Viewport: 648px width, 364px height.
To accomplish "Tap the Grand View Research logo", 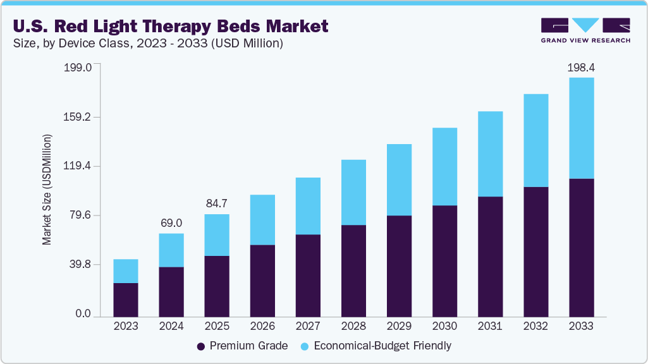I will point(585,30).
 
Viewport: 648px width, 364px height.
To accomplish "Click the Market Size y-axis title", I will point(47,190).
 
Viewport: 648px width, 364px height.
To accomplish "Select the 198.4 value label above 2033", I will point(581,67).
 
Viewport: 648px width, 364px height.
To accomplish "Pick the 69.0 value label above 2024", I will point(171,223).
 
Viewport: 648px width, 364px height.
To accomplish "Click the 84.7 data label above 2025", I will point(217,203).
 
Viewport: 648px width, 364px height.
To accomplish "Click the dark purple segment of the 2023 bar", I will point(126,300).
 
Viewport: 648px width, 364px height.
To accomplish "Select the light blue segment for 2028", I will point(353,192).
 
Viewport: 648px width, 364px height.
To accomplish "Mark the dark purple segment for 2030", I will point(444,260).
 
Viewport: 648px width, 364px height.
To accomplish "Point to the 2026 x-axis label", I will point(262,327).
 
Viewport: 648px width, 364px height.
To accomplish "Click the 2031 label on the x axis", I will point(490,327).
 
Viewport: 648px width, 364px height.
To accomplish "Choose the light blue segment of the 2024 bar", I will point(171,250).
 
